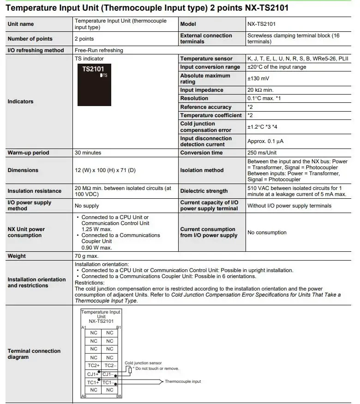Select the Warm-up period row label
tap(28, 153)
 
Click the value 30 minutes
tap(88, 153)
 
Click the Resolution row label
tap(194, 98)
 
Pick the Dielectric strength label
tap(204, 191)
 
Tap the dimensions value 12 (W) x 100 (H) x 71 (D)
tap(105, 170)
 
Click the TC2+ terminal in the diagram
tap(93, 366)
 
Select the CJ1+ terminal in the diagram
tap(93, 374)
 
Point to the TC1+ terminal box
tap(93, 382)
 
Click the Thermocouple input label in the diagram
tap(183, 381)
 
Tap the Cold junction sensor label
tap(143, 363)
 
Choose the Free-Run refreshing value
tap(99, 50)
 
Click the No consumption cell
tap(267, 232)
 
